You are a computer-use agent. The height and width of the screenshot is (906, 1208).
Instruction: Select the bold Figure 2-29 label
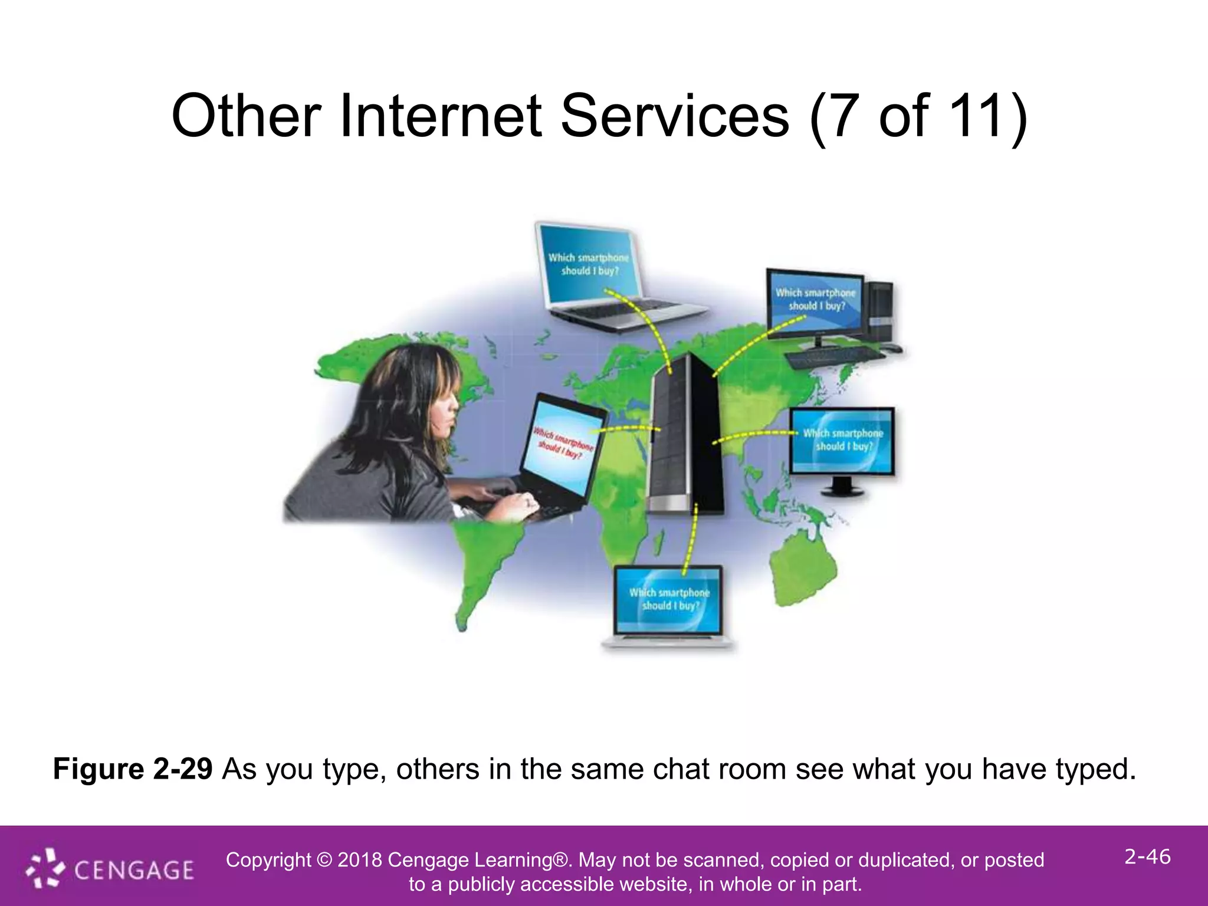pos(133,769)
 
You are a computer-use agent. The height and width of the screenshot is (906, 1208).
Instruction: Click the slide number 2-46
pos(1147,856)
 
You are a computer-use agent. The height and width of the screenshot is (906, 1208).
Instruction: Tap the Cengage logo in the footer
pos(110,869)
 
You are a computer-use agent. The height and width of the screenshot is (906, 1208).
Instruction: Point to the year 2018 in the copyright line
pos(360,860)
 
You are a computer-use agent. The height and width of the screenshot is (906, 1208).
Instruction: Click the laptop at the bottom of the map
pos(668,605)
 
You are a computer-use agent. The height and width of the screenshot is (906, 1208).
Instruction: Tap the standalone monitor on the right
pos(842,445)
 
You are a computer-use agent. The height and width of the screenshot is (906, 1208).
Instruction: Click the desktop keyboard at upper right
pos(835,356)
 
